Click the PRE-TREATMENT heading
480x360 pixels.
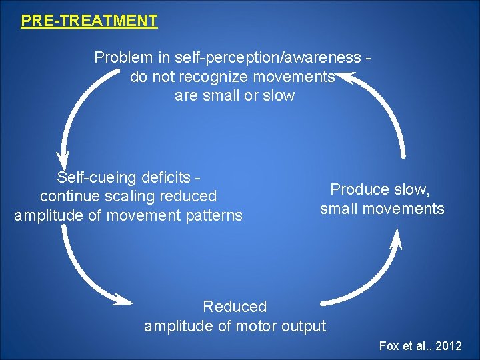tap(89, 21)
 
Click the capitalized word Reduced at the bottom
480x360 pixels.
tap(235, 307)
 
